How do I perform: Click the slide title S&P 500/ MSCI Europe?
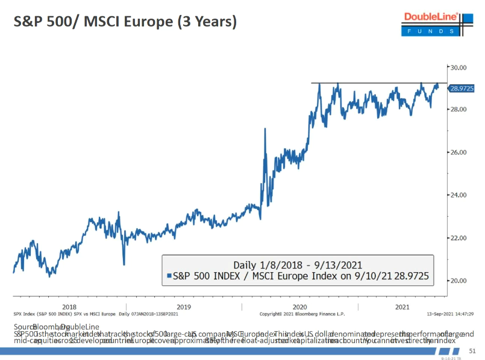[x=125, y=22]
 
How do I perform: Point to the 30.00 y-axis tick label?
[x=460, y=67]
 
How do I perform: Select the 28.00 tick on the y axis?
[x=460, y=110]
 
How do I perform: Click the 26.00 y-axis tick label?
[x=460, y=152]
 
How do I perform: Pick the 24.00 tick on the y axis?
[x=460, y=195]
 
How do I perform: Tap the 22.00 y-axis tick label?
[x=460, y=238]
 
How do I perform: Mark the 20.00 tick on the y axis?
[x=460, y=281]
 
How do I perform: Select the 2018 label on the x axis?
[x=69, y=306]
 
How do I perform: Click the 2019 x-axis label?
[x=184, y=306]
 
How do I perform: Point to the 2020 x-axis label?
[x=299, y=306]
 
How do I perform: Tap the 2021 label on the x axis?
[x=402, y=306]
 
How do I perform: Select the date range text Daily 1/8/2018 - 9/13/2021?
[x=298, y=265]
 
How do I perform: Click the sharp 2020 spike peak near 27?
[x=265, y=128]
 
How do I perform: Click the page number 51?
[x=472, y=351]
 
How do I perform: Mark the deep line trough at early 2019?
[x=124, y=264]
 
